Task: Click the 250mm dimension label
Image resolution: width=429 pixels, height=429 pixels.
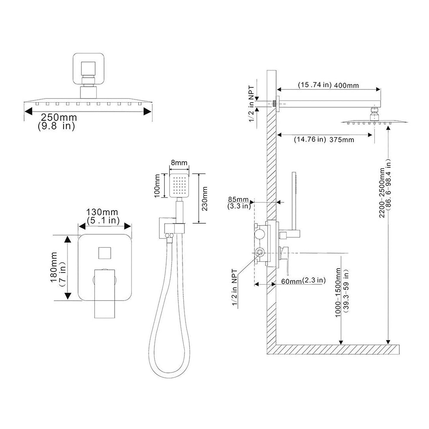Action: click(59, 117)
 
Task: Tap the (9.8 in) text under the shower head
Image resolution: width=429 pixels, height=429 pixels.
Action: click(56, 126)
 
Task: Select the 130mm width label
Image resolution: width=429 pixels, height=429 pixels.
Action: click(102, 212)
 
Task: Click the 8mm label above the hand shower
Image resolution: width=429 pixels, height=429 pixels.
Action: click(179, 163)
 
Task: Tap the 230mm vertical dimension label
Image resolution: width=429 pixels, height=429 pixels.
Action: click(205, 199)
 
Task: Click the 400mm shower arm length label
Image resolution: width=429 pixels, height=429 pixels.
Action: click(346, 86)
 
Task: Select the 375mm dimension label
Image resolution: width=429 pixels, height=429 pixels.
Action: click(342, 140)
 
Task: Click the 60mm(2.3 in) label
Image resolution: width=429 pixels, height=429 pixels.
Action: click(303, 281)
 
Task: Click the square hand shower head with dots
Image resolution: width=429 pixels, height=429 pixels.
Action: click(179, 186)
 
